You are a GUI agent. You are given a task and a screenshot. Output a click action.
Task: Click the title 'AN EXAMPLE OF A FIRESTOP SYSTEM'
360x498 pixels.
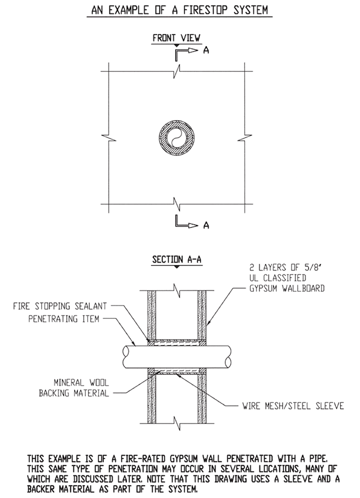[180, 10]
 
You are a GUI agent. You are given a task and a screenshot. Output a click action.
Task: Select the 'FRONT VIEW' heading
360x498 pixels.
[176, 38]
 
